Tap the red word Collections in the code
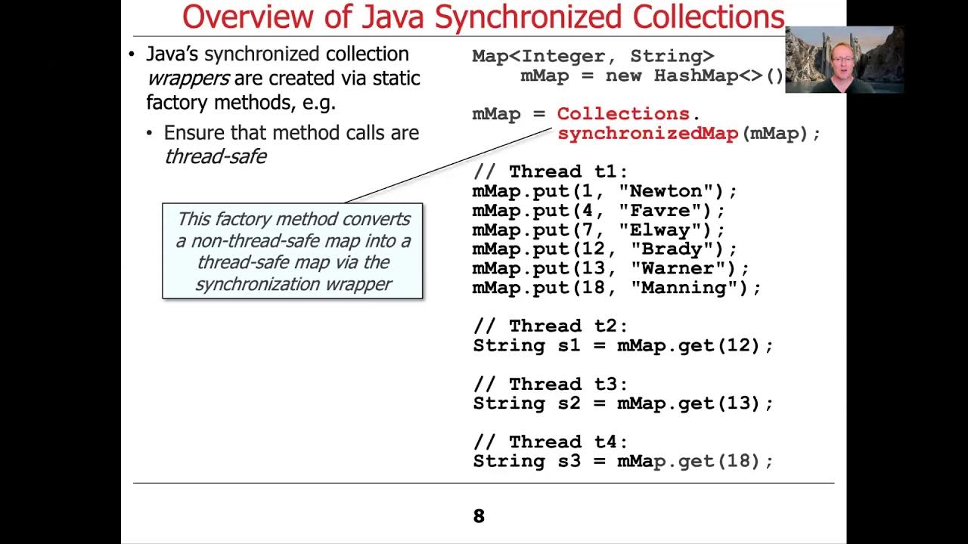[x=623, y=114]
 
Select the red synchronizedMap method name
[x=647, y=134]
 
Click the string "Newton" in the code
[x=665, y=191]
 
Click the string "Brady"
[x=665, y=249]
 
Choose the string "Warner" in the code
[x=672, y=268]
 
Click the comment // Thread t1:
[x=550, y=172]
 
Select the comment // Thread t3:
[x=550, y=384]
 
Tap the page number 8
[x=479, y=516]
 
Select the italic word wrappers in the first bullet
[x=188, y=78]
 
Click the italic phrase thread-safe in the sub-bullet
[x=215, y=156]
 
